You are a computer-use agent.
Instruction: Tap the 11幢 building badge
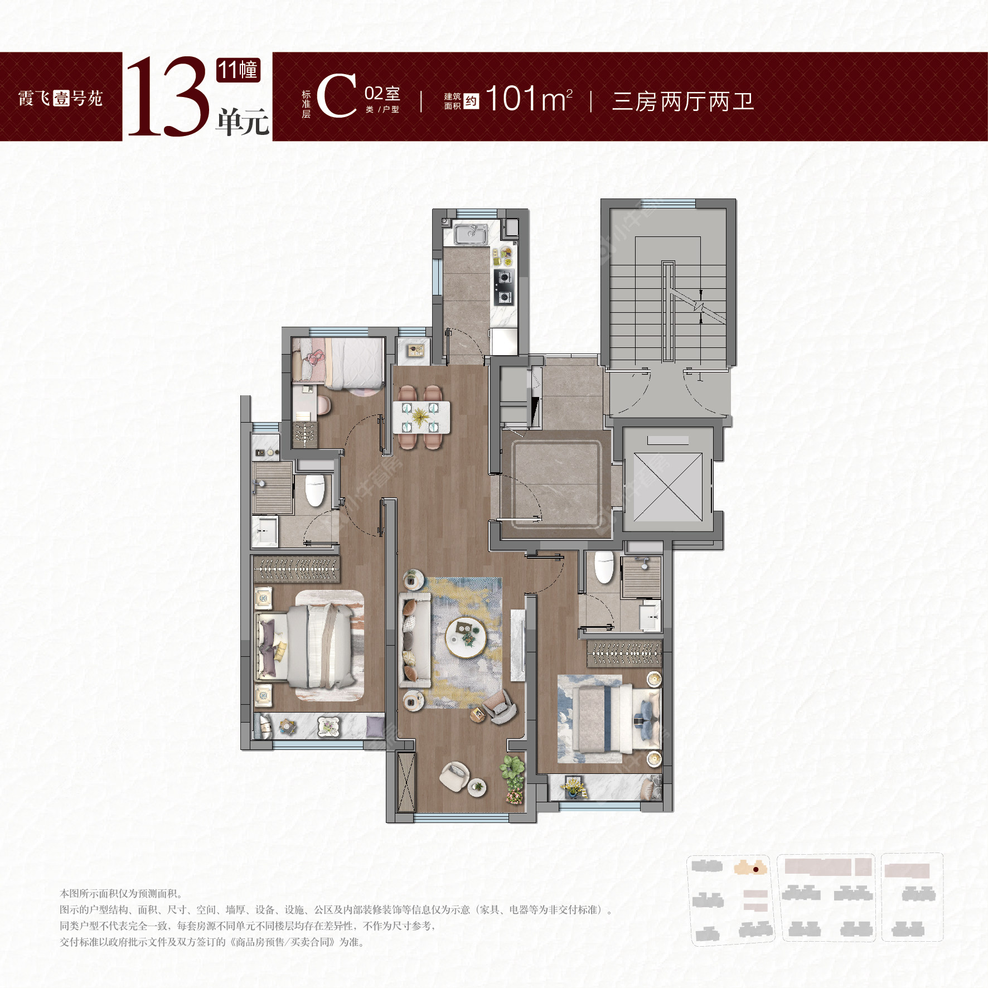238,70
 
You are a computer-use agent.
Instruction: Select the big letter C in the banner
337,96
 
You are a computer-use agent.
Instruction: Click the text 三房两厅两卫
682,101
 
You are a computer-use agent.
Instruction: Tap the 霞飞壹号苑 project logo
60,99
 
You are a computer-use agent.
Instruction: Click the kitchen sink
470,234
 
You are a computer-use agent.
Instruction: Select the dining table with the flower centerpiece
421,417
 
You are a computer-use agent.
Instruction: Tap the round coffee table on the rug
466,637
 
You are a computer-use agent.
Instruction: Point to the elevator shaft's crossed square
667,487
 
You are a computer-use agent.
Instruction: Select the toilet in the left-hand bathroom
315,490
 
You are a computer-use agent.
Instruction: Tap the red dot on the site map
755,869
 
